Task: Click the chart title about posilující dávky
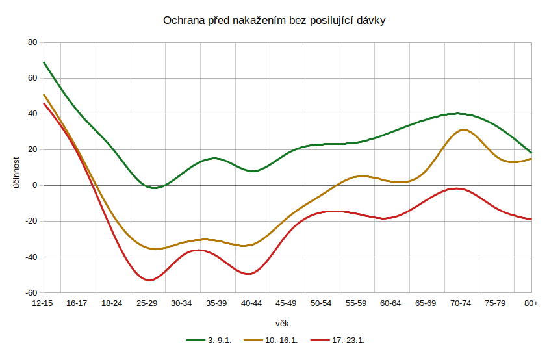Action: point(274,21)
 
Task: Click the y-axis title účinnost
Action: point(18,168)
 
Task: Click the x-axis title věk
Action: point(282,323)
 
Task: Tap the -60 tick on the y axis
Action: point(30,292)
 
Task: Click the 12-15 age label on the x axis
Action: point(43,303)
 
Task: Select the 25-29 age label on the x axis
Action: point(147,303)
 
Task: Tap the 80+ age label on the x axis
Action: point(531,303)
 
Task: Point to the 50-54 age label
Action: point(322,303)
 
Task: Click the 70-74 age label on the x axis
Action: point(461,303)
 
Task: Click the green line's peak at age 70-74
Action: point(457,114)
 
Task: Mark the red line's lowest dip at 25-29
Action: point(149,280)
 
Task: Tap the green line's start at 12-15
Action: point(44,62)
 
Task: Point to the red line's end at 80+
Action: point(531,219)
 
